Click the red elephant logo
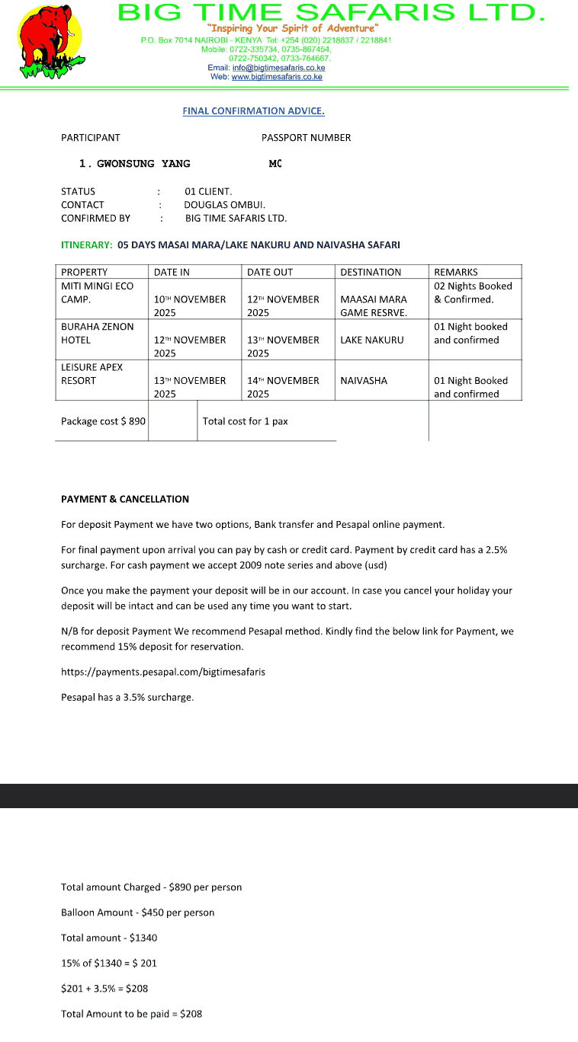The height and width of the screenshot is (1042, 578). pyautogui.click(x=50, y=41)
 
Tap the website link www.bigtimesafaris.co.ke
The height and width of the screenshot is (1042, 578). pyautogui.click(x=277, y=77)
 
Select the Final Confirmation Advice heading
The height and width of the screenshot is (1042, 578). pyautogui.click(x=253, y=111)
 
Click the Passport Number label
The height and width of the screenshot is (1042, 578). pyautogui.click(x=306, y=138)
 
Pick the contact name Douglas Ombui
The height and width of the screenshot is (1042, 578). pyautogui.click(x=224, y=205)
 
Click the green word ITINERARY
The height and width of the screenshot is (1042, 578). pyautogui.click(x=86, y=245)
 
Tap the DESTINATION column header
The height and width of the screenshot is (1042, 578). pyautogui.click(x=371, y=272)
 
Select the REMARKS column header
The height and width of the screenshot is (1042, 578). pyautogui.click(x=456, y=272)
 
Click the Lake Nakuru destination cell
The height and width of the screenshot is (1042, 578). pyautogui.click(x=372, y=340)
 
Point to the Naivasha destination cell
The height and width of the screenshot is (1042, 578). pyautogui.click(x=364, y=380)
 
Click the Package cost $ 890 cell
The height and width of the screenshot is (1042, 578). pyautogui.click(x=103, y=421)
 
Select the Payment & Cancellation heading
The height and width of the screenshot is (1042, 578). pyautogui.click(x=125, y=499)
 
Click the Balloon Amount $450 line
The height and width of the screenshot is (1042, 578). pyautogui.click(x=137, y=913)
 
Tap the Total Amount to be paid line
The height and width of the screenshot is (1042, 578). pyautogui.click(x=131, y=1014)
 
